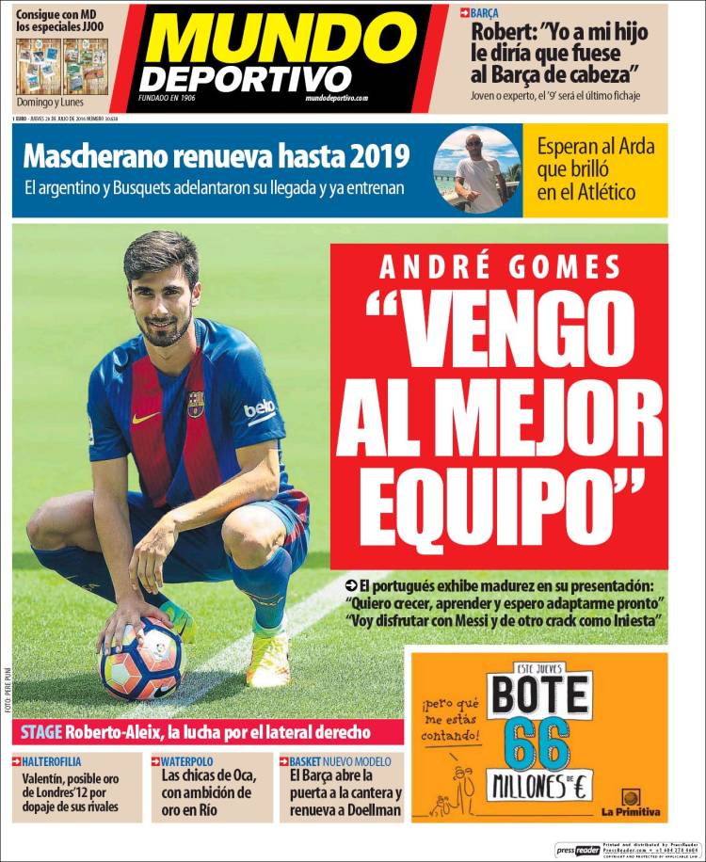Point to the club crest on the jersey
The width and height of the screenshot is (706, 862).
coord(195,404)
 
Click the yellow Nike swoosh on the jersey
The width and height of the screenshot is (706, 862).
coord(145,417)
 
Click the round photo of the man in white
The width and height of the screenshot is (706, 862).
coord(477,172)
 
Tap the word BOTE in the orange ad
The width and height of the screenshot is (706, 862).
coord(538,697)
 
